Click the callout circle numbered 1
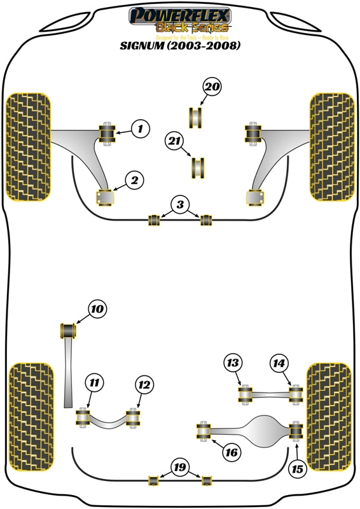[x=141, y=129]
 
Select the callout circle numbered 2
[x=135, y=181]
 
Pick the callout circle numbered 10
[x=96, y=310]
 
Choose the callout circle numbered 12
[x=144, y=384]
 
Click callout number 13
[x=233, y=363]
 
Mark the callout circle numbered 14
[x=278, y=363]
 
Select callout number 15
[x=296, y=470]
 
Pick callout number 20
[x=213, y=87]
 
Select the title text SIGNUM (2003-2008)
[x=180, y=47]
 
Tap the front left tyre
[x=28, y=146]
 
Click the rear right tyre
[x=329, y=415]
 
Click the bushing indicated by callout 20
[x=195, y=118]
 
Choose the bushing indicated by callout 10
[x=68, y=331]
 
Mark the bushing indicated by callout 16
[x=204, y=430]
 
